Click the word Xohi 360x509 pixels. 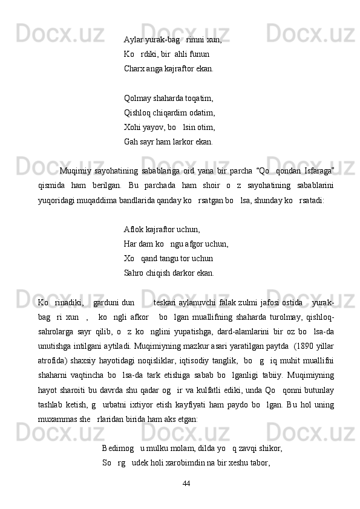(133, 127)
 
